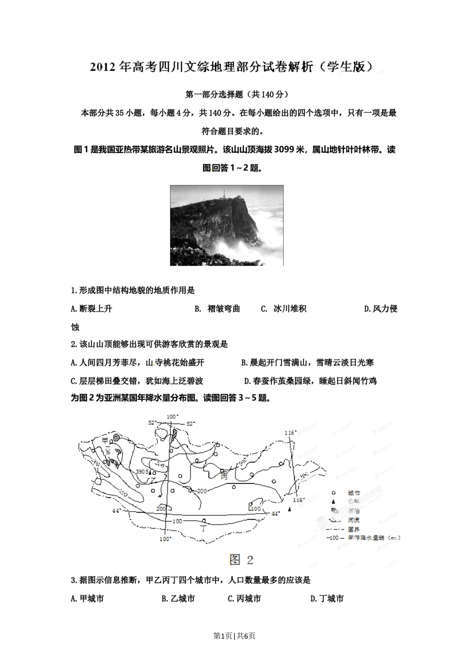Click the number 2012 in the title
(103, 67)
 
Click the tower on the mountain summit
(224, 194)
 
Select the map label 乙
(152, 480)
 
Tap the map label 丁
(203, 527)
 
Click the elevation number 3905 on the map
(142, 472)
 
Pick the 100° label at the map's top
(172, 416)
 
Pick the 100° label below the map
(165, 539)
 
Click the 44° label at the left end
(116, 510)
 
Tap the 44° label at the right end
(276, 513)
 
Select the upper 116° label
(291, 433)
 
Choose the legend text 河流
(354, 520)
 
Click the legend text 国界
(354, 529)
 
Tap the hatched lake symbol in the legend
(333, 511)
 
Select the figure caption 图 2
(241, 559)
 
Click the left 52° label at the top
(152, 422)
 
